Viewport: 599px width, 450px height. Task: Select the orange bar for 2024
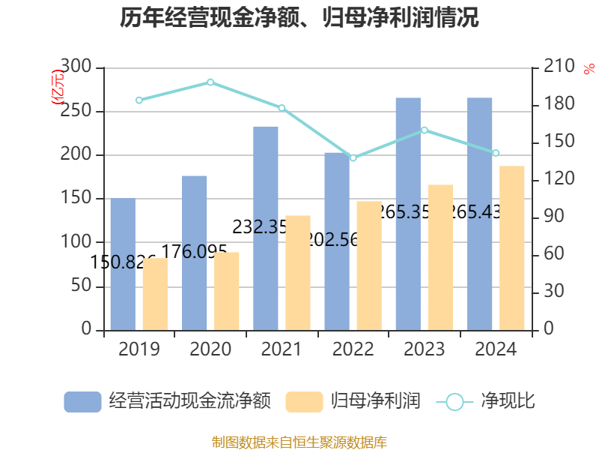click(x=512, y=247)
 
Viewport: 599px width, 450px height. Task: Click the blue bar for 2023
click(x=408, y=214)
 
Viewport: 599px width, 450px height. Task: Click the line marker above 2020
click(x=210, y=82)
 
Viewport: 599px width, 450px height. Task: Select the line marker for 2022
click(x=353, y=158)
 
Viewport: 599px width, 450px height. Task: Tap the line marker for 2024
click(x=496, y=153)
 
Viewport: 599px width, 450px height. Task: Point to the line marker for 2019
click(x=139, y=100)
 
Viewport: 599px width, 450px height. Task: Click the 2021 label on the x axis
click(x=282, y=349)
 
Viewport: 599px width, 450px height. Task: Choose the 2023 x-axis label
click(x=424, y=349)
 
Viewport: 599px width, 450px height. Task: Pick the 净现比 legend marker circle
click(x=454, y=402)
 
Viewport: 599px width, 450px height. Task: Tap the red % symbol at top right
click(x=589, y=69)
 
